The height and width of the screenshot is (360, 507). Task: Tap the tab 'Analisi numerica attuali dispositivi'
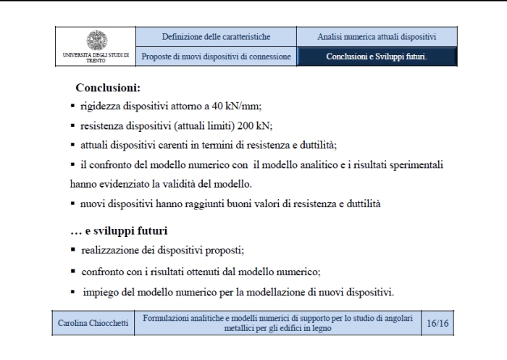pos(376,36)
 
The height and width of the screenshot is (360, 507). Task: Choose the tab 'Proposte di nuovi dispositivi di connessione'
pos(216,56)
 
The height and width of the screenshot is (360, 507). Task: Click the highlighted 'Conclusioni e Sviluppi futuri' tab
pos(376,56)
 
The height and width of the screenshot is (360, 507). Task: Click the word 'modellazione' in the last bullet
pos(282,293)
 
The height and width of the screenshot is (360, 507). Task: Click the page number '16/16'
pos(437,323)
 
